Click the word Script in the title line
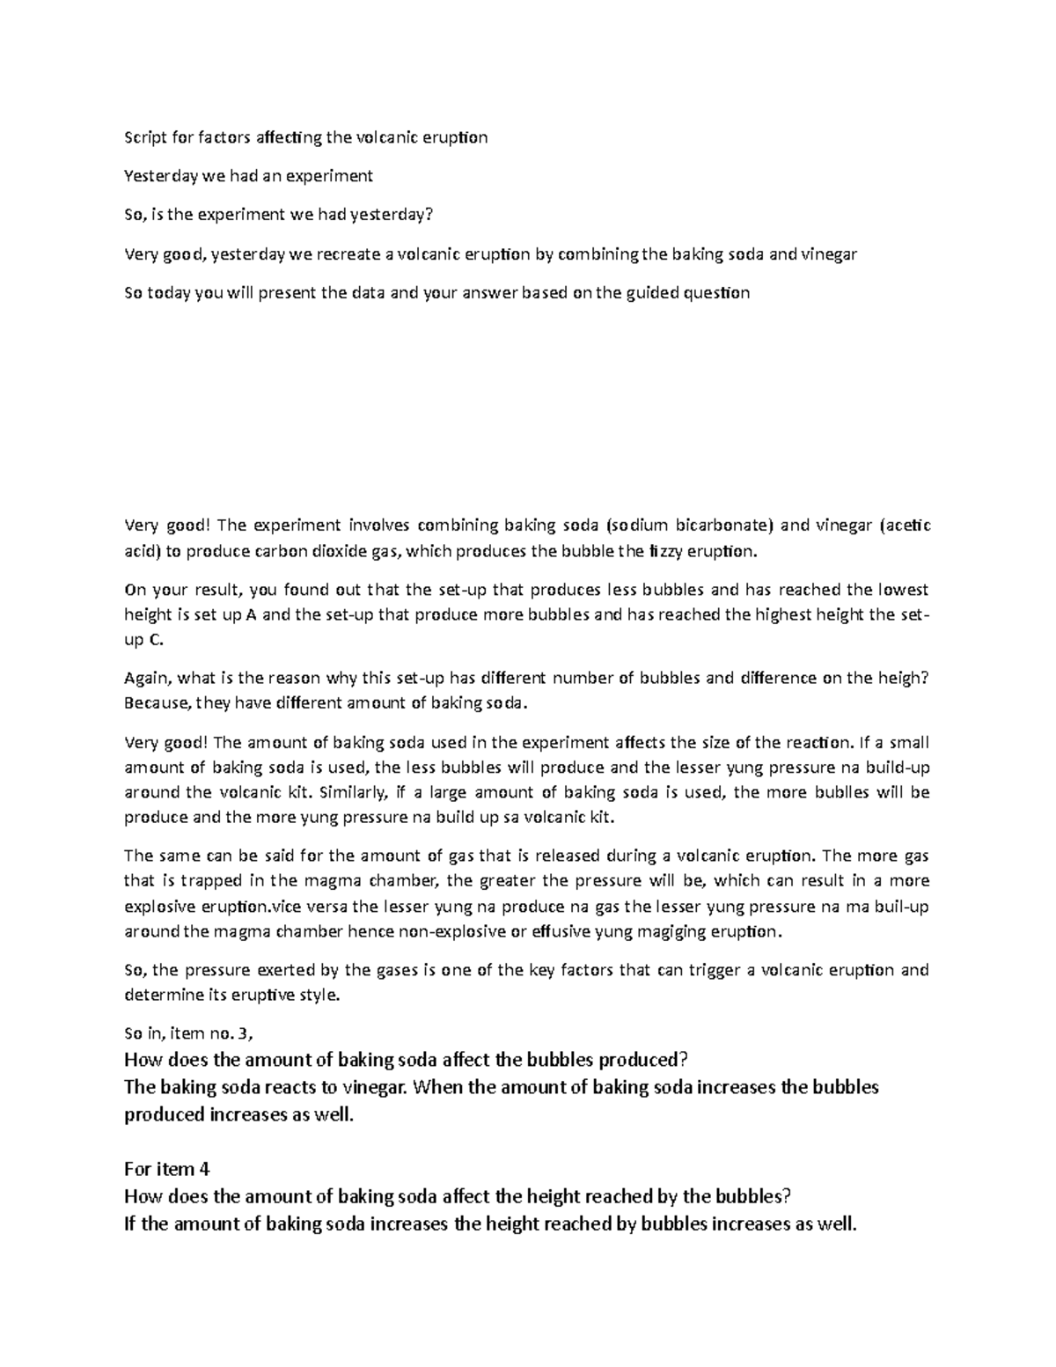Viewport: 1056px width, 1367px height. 142,137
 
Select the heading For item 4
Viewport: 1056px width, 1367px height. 168,1170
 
